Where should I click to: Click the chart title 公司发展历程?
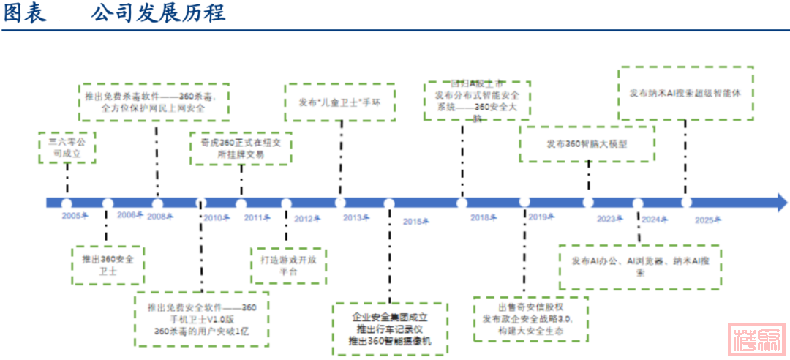(158, 13)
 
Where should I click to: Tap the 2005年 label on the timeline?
(75, 216)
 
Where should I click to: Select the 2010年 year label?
(216, 218)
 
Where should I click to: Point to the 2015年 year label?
(415, 221)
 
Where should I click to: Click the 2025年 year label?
(708, 220)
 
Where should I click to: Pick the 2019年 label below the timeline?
(541, 217)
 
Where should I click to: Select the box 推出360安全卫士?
(108, 264)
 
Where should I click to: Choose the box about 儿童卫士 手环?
(339, 102)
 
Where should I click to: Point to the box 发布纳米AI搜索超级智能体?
(685, 93)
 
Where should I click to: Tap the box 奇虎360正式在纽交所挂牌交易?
(241, 149)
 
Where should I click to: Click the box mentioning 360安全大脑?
(478, 101)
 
